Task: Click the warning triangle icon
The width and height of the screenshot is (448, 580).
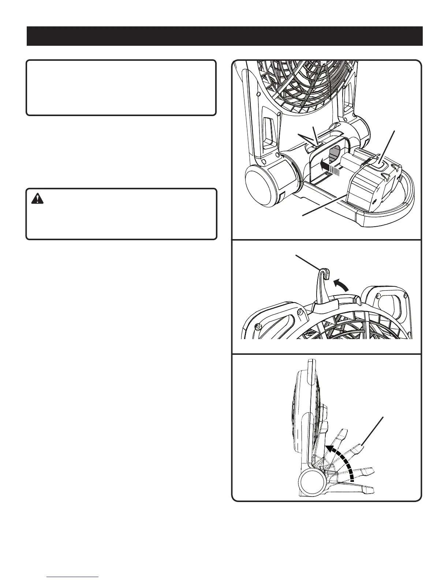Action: pyautogui.click(x=37, y=198)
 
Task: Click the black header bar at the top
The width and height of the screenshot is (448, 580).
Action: pyautogui.click(x=224, y=36)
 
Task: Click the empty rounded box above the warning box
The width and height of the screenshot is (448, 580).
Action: pyautogui.click(x=121, y=88)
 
